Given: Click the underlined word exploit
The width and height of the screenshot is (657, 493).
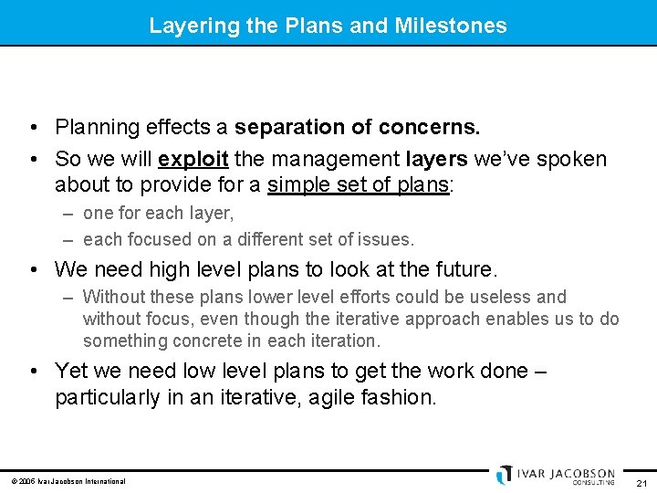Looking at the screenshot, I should tap(193, 159).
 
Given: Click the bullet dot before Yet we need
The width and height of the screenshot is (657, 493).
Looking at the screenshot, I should tap(33, 371).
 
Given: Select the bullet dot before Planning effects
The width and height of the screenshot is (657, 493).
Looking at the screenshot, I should tap(33, 127).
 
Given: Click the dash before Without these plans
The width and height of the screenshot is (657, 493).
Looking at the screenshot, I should tap(69, 298).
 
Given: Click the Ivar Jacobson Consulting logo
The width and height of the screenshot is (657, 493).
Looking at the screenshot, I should tap(556, 476).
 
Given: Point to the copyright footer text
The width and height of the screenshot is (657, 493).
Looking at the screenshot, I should tap(68, 481).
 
